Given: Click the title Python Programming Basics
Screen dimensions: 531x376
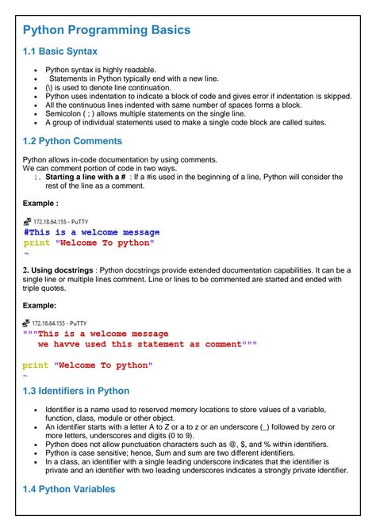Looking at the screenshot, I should pos(106,30).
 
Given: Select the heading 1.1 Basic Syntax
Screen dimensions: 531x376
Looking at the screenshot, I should pos(59,52).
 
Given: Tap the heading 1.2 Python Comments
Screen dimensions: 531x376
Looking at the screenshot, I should pos(72,141).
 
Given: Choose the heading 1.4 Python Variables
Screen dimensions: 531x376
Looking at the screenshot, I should pos(70,489).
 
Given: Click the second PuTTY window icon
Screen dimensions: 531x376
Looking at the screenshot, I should pos(27,323).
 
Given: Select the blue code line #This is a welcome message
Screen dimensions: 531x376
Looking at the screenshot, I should pos(91,232).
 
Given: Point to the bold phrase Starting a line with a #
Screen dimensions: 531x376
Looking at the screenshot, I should pos(88,178).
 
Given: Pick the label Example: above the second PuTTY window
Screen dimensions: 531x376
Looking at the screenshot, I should pos(39,305).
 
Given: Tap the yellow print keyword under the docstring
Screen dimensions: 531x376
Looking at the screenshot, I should pos(35,365).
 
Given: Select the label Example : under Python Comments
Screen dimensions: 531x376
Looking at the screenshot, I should pos(40,204).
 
